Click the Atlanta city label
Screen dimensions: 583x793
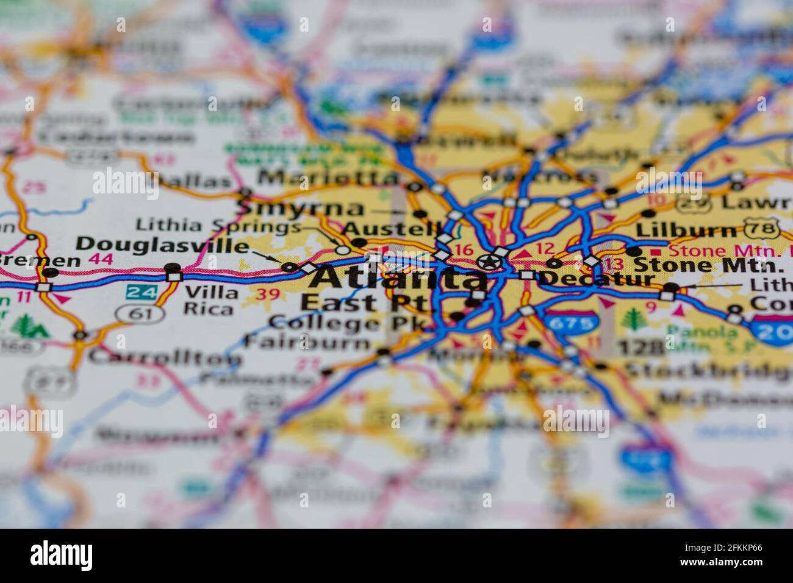coord(400,279)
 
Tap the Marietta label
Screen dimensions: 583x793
coord(328,178)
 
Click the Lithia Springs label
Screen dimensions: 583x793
coord(218,226)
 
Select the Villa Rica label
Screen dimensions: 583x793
coord(211,301)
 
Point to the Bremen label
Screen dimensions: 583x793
coord(40,260)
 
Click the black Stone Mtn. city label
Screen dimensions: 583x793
coord(708,265)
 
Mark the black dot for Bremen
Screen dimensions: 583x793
coord(51,273)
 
